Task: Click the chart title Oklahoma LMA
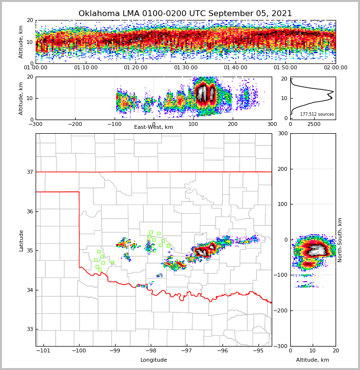tap(185, 14)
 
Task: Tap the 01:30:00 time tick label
tap(185, 68)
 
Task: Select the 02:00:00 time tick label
tap(335, 68)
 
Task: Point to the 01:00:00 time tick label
tap(36, 68)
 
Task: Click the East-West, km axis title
tap(153, 127)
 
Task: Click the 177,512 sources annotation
tap(317, 114)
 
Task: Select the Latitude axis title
tap(21, 240)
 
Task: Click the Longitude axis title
tap(154, 360)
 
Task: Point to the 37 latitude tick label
tap(30, 172)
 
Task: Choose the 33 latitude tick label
tap(30, 329)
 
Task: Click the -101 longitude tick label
tap(43, 351)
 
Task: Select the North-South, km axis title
tap(340, 240)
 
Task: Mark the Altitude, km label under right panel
tap(312, 360)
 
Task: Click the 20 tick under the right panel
tap(335, 351)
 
